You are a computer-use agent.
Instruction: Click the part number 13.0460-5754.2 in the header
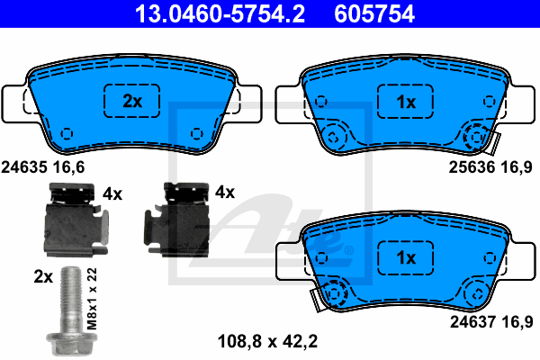220,13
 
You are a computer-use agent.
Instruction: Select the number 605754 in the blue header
374,13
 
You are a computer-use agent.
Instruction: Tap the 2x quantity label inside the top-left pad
132,101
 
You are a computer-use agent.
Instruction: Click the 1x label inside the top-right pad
406,102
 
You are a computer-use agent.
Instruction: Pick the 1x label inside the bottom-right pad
406,257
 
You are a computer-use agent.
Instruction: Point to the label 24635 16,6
43,167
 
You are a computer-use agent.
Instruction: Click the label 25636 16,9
490,167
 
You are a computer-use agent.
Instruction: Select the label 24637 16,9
491,322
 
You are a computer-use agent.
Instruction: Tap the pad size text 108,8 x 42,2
267,341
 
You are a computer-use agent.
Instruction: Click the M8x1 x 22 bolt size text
92,299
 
